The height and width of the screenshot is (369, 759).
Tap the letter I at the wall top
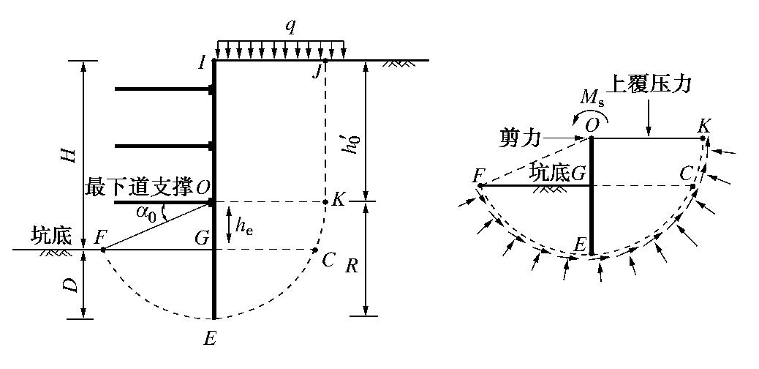pos(202,62)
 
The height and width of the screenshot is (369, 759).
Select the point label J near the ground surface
pos(317,71)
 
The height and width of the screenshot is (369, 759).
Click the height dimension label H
pos(72,154)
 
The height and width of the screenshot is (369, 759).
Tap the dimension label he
pos(249,227)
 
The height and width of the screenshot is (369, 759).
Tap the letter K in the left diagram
pos(337,199)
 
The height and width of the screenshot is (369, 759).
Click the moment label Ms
pos(592,97)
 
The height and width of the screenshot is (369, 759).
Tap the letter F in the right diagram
pos(479,174)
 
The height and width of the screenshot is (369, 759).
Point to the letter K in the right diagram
pos(703,124)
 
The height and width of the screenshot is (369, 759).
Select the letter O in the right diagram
pos(591,124)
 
